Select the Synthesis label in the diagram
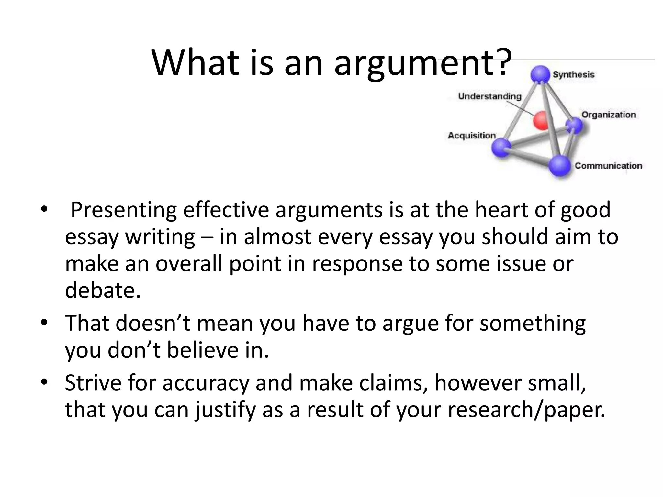[574, 75]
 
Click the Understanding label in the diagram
[490, 96]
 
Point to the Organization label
[609, 115]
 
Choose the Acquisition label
[472, 136]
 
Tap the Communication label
[608, 166]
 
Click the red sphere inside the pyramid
[541, 121]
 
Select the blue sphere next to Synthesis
[540, 74]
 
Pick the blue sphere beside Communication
[559, 166]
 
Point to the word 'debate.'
[103, 290]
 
